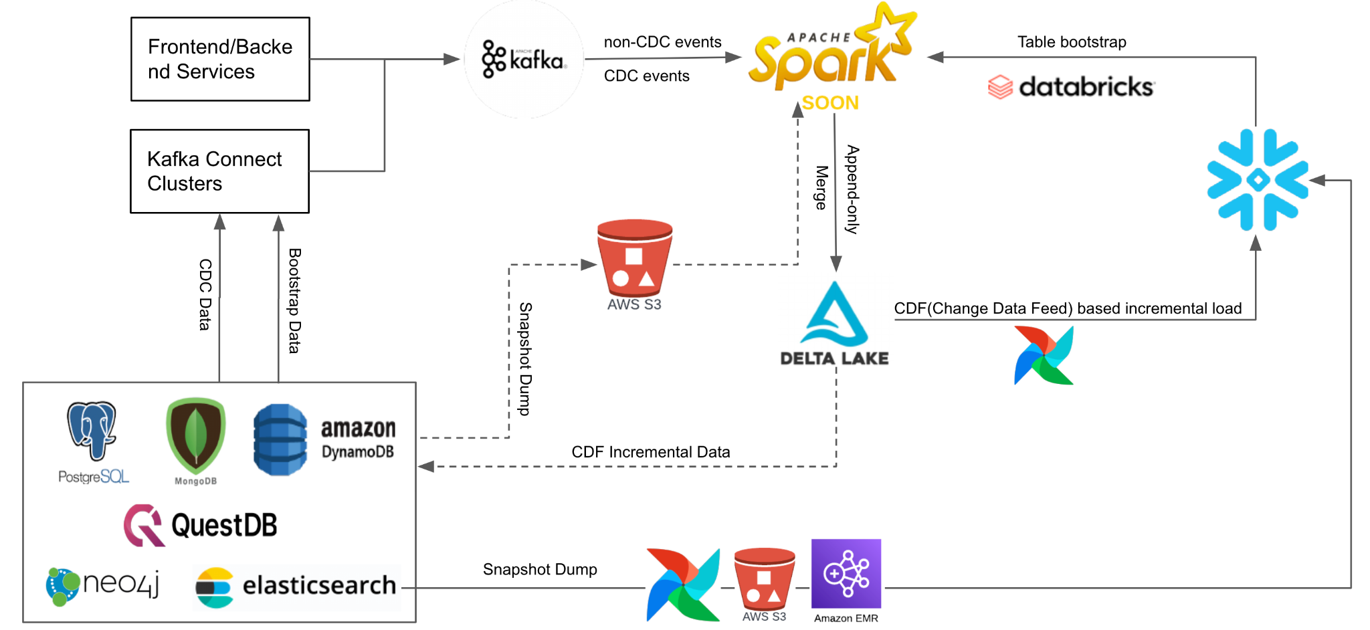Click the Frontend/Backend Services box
click(x=220, y=60)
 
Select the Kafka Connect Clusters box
click(x=219, y=171)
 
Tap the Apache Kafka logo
click(x=524, y=60)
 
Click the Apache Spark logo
click(x=829, y=50)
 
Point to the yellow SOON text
click(x=830, y=103)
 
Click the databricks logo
click(x=1071, y=87)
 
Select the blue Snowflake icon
click(x=1257, y=180)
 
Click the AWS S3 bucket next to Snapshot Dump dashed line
click(x=634, y=261)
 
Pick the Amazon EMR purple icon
click(x=846, y=574)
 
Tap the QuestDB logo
click(x=201, y=526)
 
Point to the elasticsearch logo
click(x=296, y=587)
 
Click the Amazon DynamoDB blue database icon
click(x=280, y=439)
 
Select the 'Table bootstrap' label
click(x=1072, y=42)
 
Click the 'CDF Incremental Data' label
click(x=650, y=452)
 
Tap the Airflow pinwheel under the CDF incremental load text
click(x=1044, y=355)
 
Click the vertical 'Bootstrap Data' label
click(x=294, y=300)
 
